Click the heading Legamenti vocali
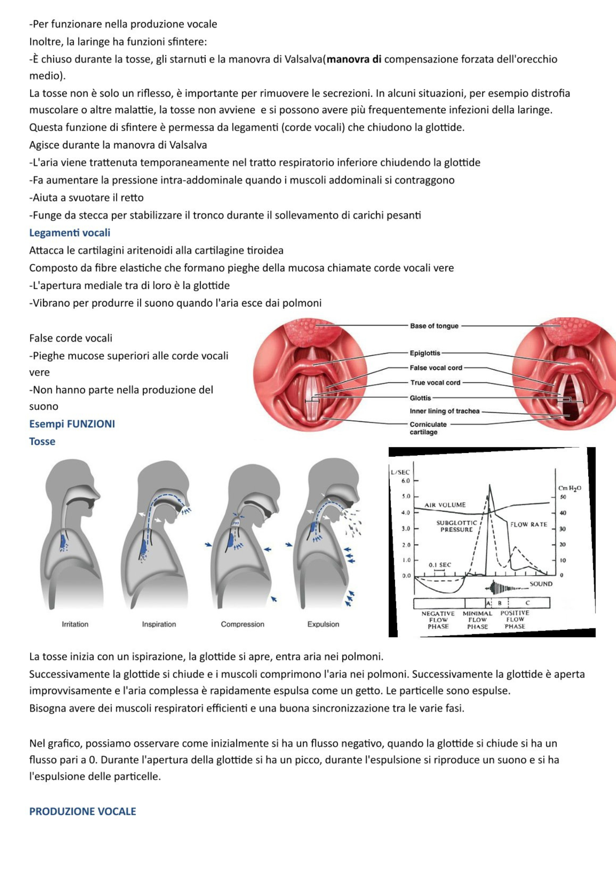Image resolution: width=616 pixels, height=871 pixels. [x=70, y=233]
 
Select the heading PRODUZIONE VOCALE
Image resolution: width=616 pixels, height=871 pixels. [x=82, y=811]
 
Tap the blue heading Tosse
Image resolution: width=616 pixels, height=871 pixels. [x=42, y=441]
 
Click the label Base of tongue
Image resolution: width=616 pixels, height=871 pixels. [x=434, y=326]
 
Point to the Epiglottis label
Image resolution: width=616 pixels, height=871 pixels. [x=425, y=353]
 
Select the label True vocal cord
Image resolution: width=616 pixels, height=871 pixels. [x=435, y=382]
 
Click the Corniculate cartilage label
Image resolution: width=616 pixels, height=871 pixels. [x=427, y=428]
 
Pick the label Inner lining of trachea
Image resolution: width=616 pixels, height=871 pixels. [x=444, y=411]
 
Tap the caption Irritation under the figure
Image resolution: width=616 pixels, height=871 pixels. [x=75, y=624]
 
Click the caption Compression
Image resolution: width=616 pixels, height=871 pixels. [x=242, y=624]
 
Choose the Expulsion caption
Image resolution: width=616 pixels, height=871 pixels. [x=323, y=624]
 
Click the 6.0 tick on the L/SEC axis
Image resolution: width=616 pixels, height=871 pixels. [x=406, y=481]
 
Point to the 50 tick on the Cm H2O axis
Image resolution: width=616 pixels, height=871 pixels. [x=563, y=497]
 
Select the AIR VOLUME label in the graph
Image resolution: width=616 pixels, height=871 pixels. [x=445, y=505]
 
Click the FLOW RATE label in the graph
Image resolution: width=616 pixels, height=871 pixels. [x=528, y=524]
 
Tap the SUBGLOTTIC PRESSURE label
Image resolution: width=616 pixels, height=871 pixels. [x=456, y=526]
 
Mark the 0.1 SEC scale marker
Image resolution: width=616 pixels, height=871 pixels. [x=440, y=565]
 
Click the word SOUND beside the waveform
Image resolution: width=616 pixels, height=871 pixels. [x=541, y=584]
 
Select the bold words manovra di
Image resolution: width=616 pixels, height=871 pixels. [x=354, y=59]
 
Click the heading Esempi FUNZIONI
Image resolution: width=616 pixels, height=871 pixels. [x=72, y=424]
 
